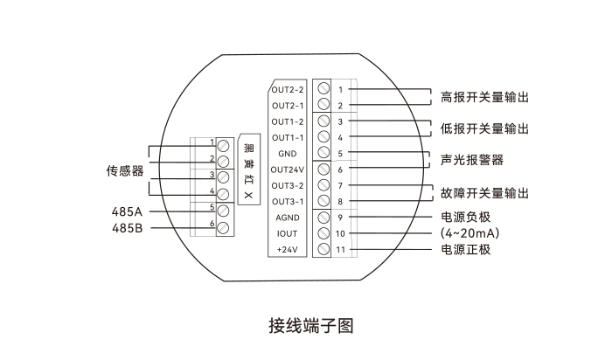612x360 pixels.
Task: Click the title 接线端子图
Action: (x=310, y=326)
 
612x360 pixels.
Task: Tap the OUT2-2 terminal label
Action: (x=287, y=89)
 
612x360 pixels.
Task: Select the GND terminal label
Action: (x=288, y=154)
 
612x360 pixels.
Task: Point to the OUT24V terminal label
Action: (x=287, y=170)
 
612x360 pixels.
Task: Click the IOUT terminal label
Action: (x=288, y=234)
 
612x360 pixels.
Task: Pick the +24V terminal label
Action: (x=288, y=250)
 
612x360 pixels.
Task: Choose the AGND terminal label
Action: (x=288, y=218)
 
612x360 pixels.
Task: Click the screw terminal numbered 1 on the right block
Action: (x=323, y=89)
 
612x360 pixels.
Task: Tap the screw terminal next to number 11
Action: (x=323, y=250)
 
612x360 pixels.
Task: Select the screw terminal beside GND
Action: (x=323, y=154)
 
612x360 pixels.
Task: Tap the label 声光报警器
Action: (x=472, y=161)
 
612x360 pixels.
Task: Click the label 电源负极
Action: (x=466, y=218)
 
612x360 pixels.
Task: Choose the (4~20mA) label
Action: (x=471, y=233)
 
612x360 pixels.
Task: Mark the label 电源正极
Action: (x=466, y=250)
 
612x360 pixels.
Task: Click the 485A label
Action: (x=126, y=211)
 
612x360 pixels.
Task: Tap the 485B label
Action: (x=126, y=228)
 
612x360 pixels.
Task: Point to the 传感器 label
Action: (x=125, y=170)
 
